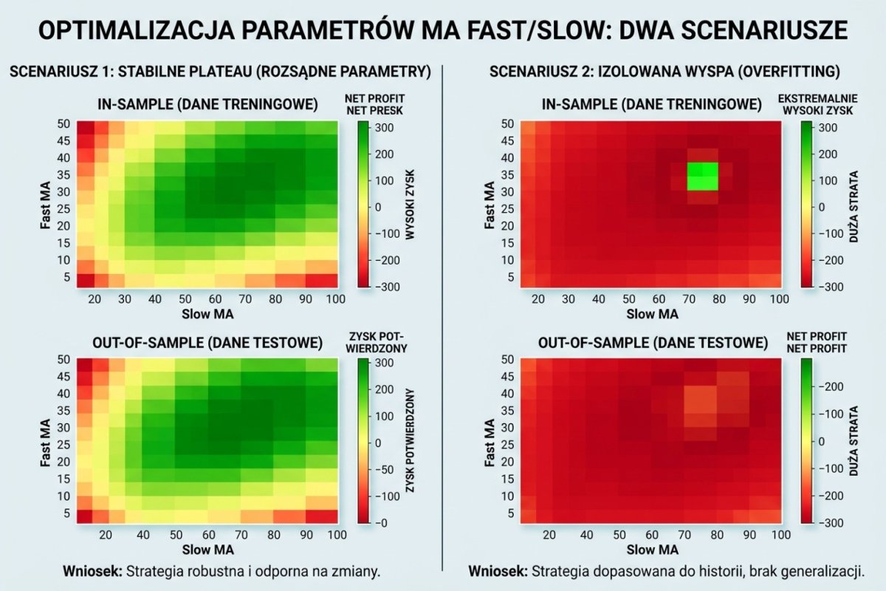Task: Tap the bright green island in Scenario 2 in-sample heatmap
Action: (x=702, y=177)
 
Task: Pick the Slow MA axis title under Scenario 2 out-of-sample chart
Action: (x=652, y=550)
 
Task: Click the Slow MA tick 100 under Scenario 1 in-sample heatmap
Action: (x=336, y=298)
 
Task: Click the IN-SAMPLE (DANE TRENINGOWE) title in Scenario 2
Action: (x=652, y=105)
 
